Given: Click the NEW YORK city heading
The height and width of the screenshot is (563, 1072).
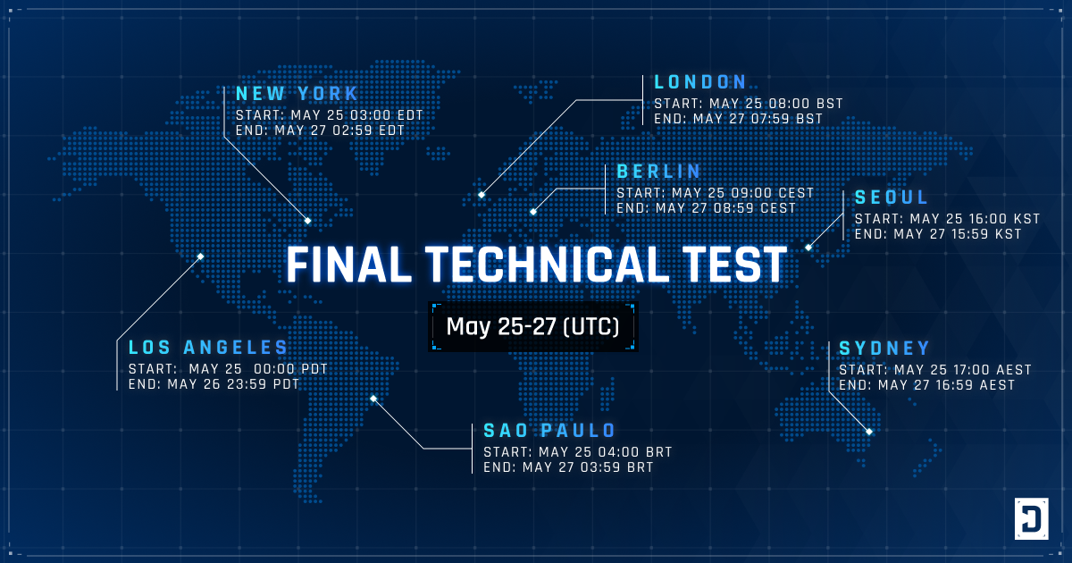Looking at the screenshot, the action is click(297, 94).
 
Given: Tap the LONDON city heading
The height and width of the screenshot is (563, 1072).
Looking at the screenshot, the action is click(700, 82).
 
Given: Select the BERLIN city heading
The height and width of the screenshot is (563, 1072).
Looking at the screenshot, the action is click(658, 172).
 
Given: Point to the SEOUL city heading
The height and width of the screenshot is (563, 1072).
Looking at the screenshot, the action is click(892, 197).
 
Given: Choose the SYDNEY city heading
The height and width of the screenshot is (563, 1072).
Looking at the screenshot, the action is click(884, 348).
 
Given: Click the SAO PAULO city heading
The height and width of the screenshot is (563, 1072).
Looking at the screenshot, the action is click(549, 431).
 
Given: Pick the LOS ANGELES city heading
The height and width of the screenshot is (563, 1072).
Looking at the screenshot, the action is click(208, 348).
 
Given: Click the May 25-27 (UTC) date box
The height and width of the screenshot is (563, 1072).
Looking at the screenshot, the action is click(533, 327).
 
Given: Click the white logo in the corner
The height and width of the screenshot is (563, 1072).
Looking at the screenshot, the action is click(1031, 518).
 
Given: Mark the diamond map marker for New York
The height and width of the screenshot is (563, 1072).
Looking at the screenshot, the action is click(307, 221).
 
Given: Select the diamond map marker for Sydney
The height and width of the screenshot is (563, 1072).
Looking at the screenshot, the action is click(869, 432).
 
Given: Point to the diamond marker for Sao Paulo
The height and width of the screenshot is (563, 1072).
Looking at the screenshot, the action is click(373, 399).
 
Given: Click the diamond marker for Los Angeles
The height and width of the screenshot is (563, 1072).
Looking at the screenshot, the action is click(200, 256).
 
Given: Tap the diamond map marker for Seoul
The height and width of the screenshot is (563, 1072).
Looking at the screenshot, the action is click(808, 248).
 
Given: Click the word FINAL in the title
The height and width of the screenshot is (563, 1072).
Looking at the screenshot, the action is click(348, 265).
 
